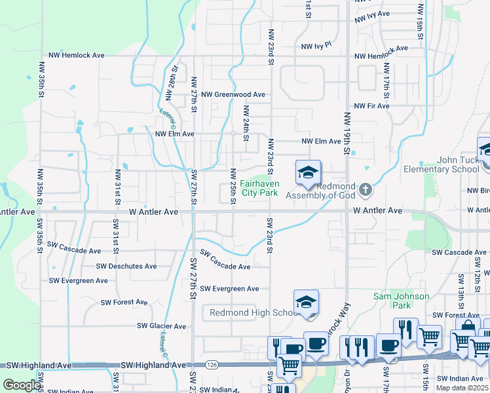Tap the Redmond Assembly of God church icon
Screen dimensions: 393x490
click(366, 191)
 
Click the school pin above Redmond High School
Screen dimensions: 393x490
click(306, 303)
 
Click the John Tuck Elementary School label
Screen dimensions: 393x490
click(449, 164)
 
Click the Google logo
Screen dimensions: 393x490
click(22, 385)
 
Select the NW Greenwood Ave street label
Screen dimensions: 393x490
click(233, 94)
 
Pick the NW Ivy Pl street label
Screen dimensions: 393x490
click(317, 47)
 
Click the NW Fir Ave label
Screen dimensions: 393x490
click(371, 105)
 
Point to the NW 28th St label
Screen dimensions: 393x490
click(172, 83)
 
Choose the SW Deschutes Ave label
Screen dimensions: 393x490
click(126, 267)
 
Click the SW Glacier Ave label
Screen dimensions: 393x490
click(161, 326)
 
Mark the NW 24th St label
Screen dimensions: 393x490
click(246, 123)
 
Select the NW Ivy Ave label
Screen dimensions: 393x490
click(372, 14)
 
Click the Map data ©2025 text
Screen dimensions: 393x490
click(461, 388)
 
